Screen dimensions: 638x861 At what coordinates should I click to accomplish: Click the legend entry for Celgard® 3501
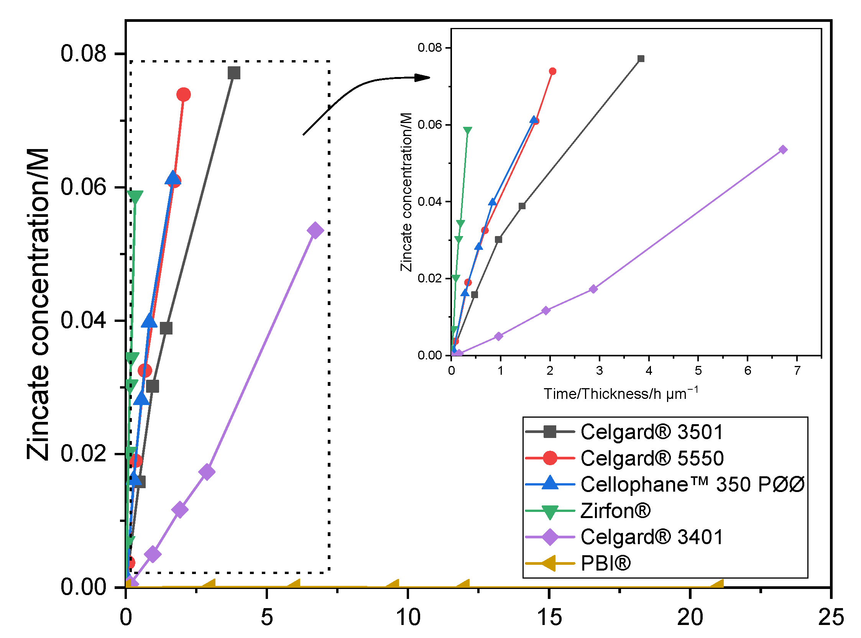651,432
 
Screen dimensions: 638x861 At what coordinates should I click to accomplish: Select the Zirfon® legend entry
615,510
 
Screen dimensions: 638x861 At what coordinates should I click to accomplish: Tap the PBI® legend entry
606,563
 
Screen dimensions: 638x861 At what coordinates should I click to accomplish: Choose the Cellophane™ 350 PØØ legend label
692,484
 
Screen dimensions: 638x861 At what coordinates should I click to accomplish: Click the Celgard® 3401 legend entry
651,537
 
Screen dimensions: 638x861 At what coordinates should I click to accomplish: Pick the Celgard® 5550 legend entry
652,458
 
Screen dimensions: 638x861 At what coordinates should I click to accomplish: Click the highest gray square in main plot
234,72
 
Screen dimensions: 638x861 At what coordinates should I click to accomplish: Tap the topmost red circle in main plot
184,95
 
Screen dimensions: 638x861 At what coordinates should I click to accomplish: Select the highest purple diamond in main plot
315,231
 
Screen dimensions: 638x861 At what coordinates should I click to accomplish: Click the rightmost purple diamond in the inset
783,149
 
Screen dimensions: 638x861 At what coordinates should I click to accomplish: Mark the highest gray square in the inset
641,59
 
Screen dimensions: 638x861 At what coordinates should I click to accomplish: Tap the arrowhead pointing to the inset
423,78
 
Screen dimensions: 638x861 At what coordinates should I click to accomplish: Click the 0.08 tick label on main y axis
83,54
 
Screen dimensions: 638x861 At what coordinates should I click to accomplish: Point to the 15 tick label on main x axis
549,617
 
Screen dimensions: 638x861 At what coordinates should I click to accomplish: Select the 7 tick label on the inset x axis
797,371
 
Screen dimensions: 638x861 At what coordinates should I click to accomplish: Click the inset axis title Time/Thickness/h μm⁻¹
620,394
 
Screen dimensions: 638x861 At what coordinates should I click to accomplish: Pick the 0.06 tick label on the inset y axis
429,125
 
